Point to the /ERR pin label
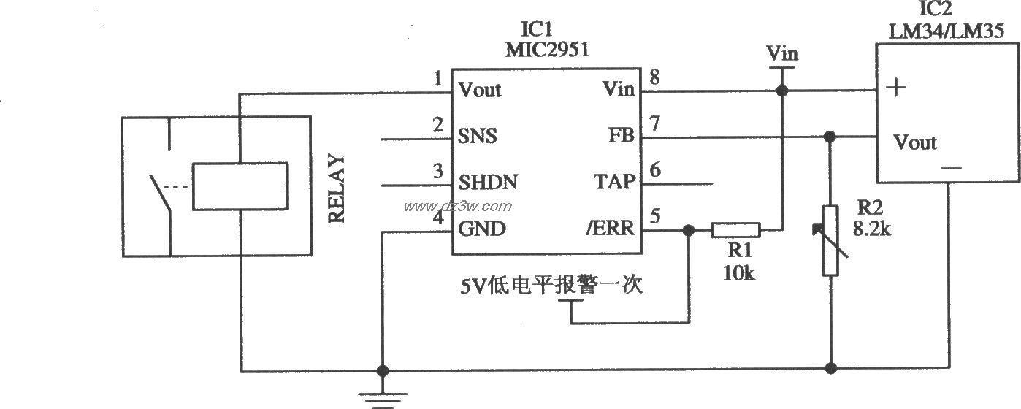coord(609,229)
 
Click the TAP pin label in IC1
coord(616,181)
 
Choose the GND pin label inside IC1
coord(481,229)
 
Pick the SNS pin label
coord(478,136)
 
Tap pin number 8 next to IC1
coord(654,77)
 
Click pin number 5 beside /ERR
coord(655,216)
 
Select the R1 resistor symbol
coord(735,230)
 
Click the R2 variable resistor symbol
coord(830,241)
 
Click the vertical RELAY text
coord(337,188)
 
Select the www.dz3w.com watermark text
coord(458,206)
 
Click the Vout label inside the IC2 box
coord(915,142)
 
